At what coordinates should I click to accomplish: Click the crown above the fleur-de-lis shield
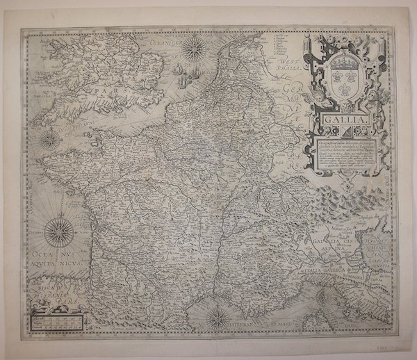[339, 62]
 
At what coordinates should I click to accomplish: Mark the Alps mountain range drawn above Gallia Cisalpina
[327, 208]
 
